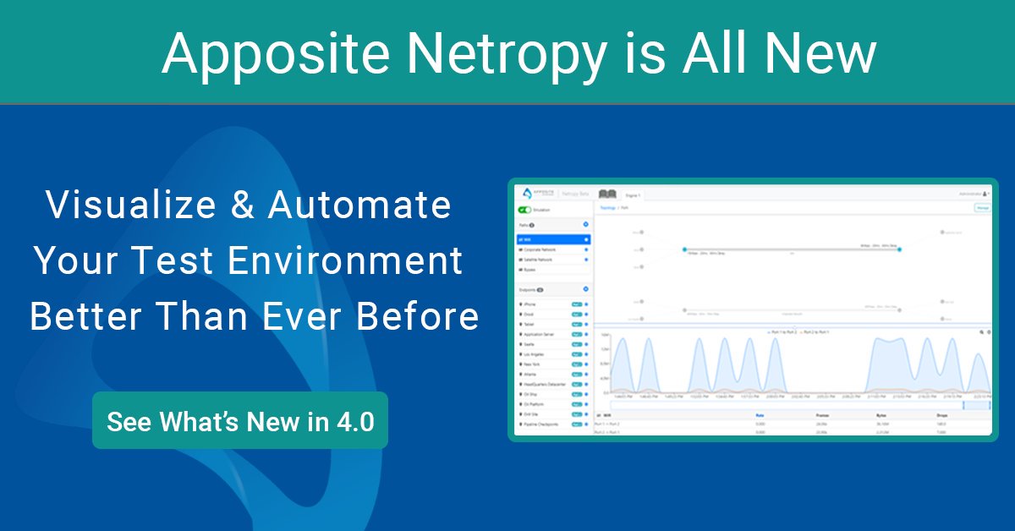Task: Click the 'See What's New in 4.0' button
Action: coord(240,421)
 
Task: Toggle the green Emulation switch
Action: coord(525,209)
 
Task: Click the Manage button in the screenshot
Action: coord(983,207)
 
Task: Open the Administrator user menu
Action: coord(974,194)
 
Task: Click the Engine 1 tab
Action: coord(632,195)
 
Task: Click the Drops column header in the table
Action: coord(941,415)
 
